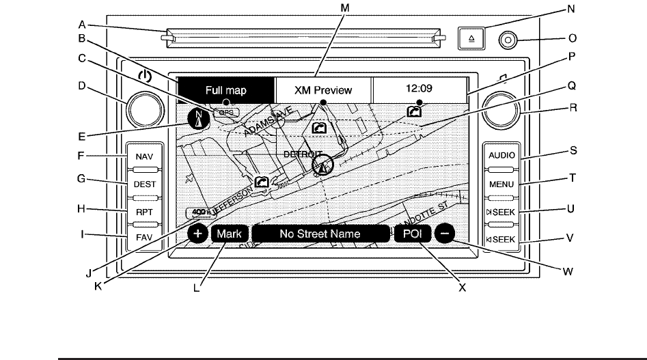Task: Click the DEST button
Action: [x=145, y=184]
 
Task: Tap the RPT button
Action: [x=145, y=212]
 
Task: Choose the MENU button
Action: [x=501, y=184]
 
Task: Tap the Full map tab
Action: [x=225, y=89]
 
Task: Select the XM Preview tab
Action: [x=323, y=89]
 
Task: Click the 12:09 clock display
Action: [x=419, y=89]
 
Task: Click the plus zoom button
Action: [x=197, y=234]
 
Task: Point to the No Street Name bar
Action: [x=320, y=234]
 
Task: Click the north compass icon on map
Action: [x=199, y=119]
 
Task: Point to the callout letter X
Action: [x=463, y=288]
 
